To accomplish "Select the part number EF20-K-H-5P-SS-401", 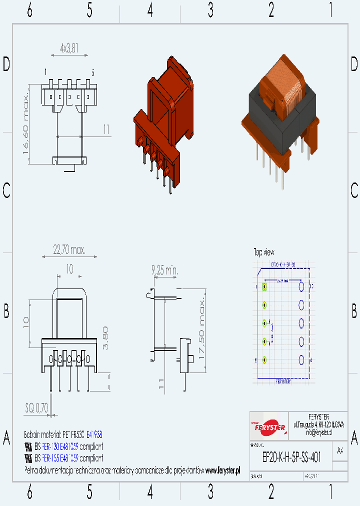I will pyautogui.click(x=291, y=457).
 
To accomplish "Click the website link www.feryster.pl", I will pyautogui.click(x=222, y=470).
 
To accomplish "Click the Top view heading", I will pyautogui.click(x=263, y=252).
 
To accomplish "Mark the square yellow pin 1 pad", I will pyautogui.click(x=264, y=287).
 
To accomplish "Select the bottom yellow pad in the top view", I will pyautogui.click(x=264, y=360).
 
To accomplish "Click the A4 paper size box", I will pyautogui.click(x=340, y=450).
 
